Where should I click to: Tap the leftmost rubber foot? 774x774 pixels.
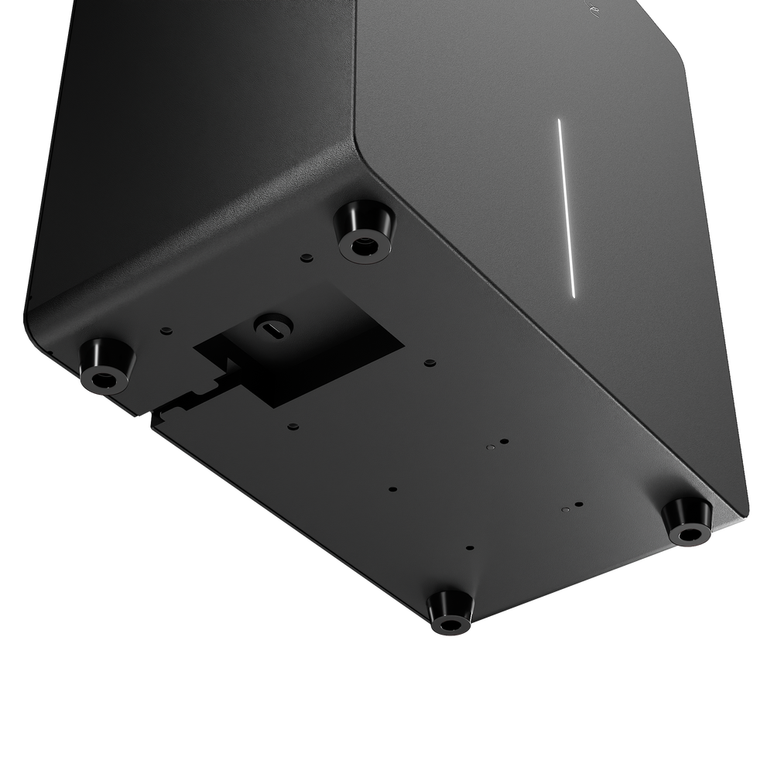104,367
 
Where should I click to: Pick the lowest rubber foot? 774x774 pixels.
449,611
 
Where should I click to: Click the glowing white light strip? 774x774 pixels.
565,207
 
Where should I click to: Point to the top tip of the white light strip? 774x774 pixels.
558,121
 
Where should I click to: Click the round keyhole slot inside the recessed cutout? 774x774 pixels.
272,327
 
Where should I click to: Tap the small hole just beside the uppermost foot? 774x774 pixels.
307,256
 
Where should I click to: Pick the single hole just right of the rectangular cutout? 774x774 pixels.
428,362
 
